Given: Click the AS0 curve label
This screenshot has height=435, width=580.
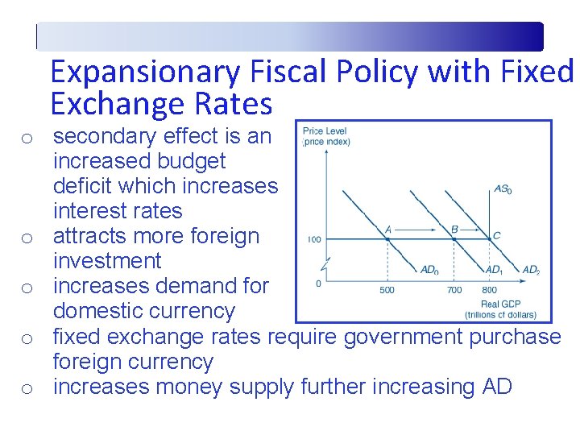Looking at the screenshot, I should click(503, 190).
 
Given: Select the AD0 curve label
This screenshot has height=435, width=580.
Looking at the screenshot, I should click(430, 269).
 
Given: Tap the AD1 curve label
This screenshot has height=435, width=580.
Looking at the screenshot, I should click(495, 269).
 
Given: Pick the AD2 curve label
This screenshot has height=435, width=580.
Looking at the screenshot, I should click(531, 269).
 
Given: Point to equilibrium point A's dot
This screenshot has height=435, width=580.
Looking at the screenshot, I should click(387, 238).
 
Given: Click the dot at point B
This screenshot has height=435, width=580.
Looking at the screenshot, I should click(454, 238).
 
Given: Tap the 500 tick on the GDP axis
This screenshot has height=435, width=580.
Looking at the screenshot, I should click(387, 290).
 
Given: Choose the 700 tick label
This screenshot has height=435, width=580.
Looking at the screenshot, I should click(454, 290).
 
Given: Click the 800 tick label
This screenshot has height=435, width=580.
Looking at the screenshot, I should click(489, 290).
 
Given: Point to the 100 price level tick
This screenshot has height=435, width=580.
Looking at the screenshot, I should click(314, 239).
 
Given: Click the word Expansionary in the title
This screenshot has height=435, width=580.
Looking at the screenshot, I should click(145, 72).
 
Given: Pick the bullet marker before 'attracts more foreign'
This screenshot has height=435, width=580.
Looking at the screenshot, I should click(27, 238).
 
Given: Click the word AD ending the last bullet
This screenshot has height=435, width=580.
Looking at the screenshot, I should click(496, 387).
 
